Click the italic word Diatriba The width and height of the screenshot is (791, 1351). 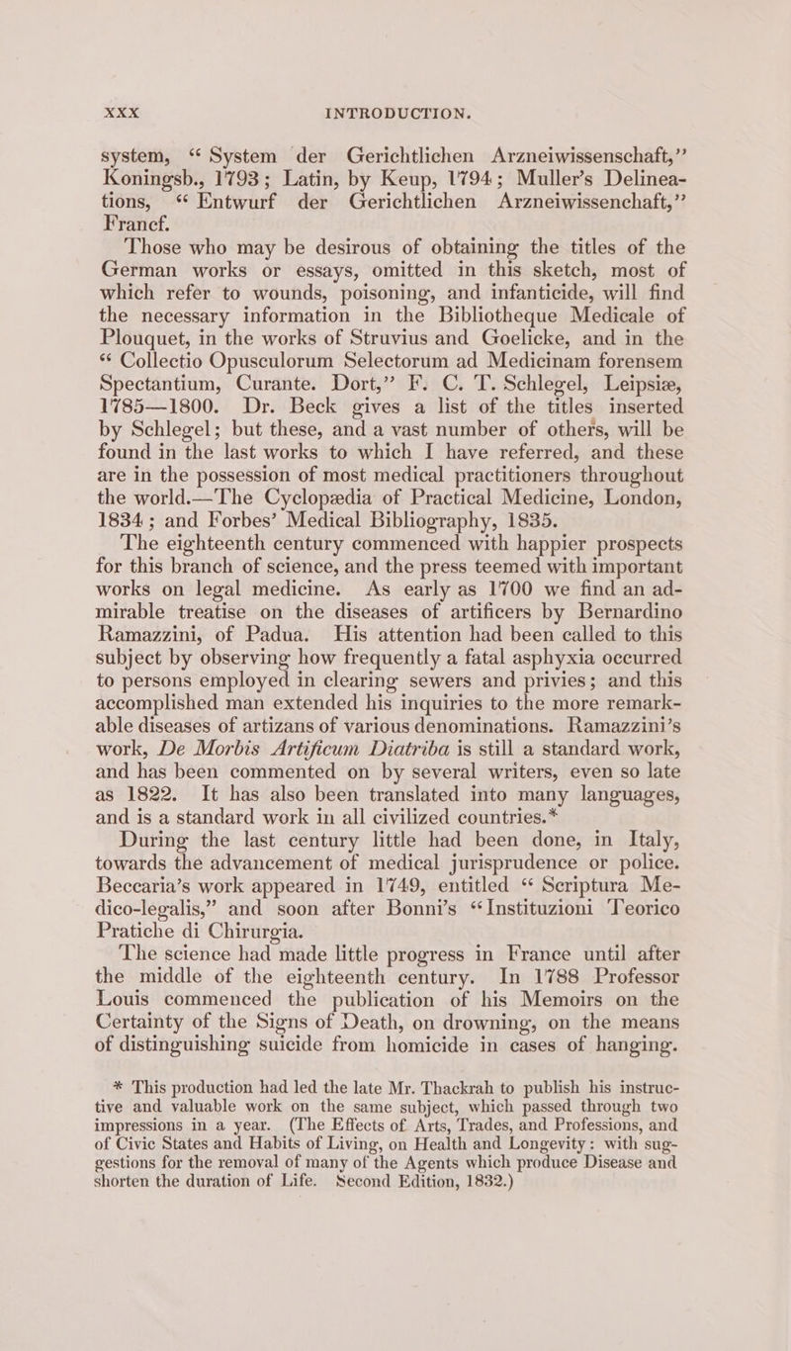pyautogui.click(x=427, y=792)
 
